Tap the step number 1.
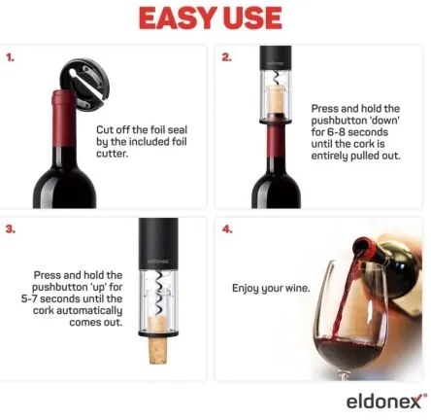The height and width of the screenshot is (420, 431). (10, 58)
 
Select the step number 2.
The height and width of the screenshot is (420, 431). (226, 57)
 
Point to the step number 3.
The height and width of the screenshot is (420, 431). (11, 229)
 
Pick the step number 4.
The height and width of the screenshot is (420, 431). (227, 229)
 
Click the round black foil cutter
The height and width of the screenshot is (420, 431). (85, 84)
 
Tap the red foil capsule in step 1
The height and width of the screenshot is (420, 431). (64, 119)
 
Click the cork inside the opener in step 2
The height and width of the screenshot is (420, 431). (276, 99)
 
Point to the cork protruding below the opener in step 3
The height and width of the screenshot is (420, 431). (158, 349)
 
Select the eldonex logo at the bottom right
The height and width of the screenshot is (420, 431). (384, 401)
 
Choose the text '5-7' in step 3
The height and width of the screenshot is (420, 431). (29, 298)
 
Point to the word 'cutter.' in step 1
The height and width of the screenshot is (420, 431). (112, 154)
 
